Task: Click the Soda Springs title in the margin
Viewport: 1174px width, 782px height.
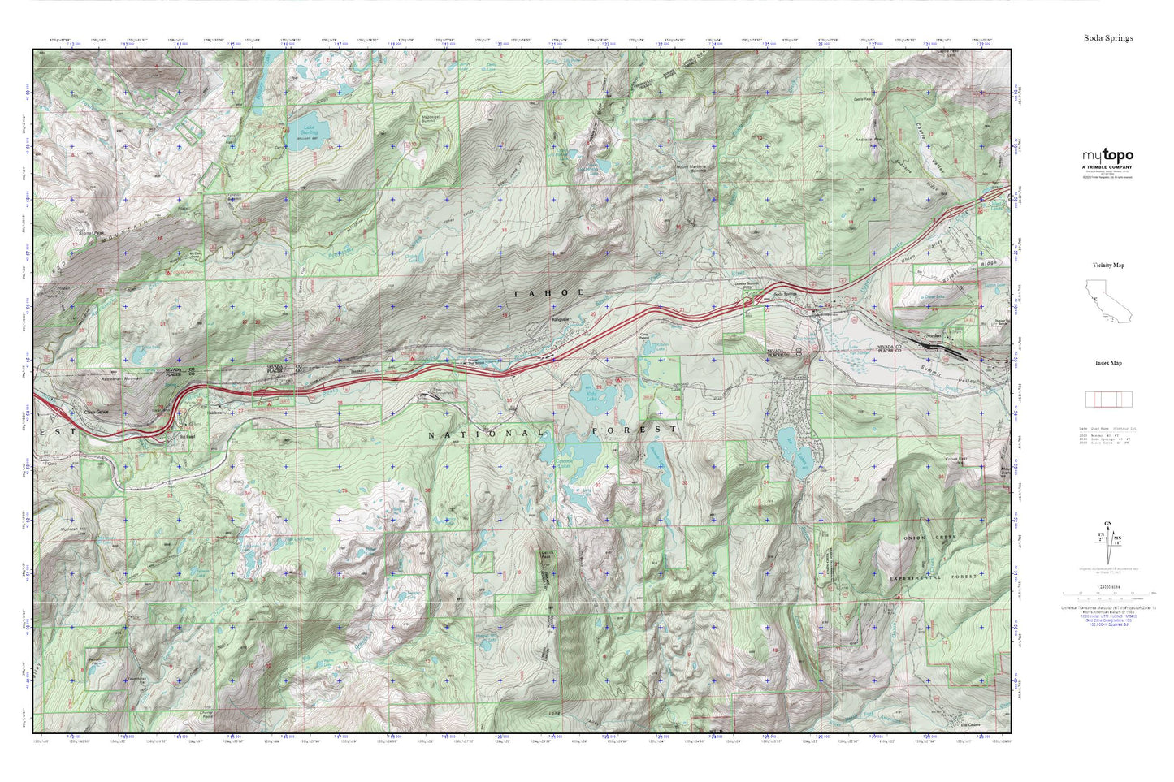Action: [x=1107, y=38]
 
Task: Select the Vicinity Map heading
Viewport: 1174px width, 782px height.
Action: [x=1107, y=266]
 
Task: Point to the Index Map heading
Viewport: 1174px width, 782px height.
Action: [x=1107, y=363]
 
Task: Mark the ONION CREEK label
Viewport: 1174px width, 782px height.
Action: [x=929, y=538]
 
